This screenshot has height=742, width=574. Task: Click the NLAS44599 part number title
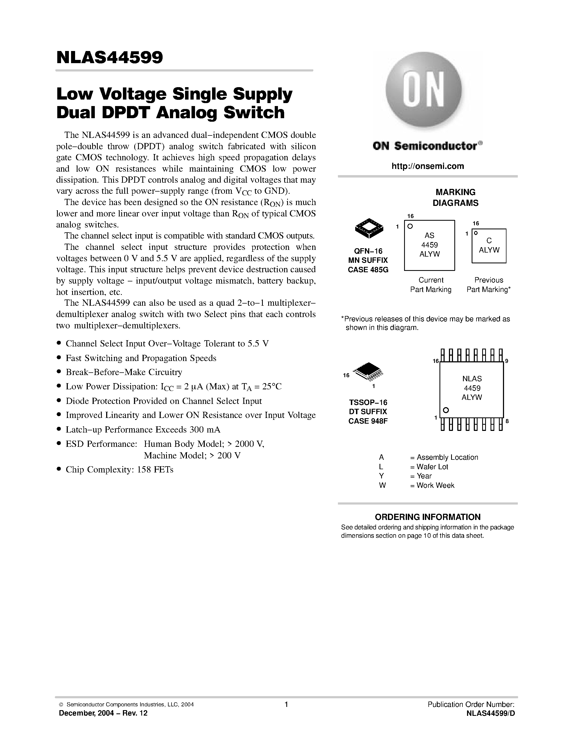[109, 57]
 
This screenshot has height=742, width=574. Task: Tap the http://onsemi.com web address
[427, 166]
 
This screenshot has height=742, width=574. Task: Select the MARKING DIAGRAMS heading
[455, 198]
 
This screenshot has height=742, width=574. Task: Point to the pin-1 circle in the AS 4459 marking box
[410, 226]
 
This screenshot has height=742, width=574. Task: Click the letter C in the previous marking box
[489, 240]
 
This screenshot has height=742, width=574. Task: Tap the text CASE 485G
[368, 270]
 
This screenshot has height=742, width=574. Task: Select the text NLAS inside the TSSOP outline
[472, 379]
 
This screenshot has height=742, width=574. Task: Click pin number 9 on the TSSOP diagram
[507, 361]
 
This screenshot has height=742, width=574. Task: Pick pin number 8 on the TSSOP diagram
[507, 421]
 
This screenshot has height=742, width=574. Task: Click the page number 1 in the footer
[286, 704]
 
